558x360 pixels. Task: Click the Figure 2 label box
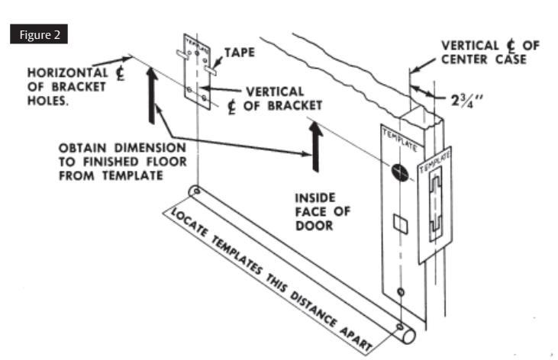click(39, 34)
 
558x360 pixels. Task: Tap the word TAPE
click(240, 53)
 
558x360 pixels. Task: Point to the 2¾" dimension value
click(466, 101)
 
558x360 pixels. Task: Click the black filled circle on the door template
click(400, 172)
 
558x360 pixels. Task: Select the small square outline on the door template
click(400, 223)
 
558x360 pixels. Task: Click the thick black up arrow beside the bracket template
click(152, 95)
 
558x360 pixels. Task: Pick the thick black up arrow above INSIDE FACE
click(316, 146)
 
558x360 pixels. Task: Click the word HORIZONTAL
click(68, 72)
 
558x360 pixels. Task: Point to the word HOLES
click(48, 101)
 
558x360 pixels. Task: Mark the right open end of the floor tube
click(409, 336)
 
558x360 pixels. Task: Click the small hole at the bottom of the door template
click(401, 292)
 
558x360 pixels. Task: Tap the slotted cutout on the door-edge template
click(436, 203)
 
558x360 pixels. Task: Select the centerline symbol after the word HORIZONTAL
click(121, 73)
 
